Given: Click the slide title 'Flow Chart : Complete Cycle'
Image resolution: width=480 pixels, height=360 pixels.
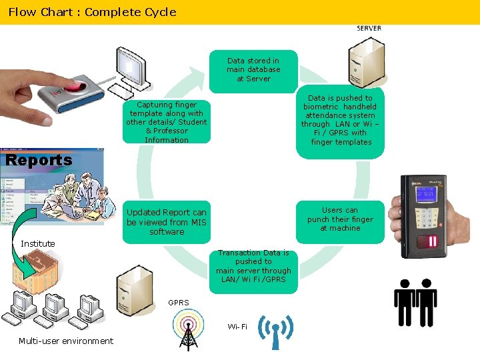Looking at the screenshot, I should pyautogui.click(x=92, y=12).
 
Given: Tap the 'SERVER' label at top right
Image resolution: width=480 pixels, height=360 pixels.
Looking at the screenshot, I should pyautogui.click(x=369, y=29).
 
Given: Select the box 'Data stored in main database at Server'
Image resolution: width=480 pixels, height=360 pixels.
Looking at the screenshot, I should pyautogui.click(x=253, y=70).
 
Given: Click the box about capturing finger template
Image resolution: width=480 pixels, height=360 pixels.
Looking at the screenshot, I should pyautogui.click(x=167, y=122).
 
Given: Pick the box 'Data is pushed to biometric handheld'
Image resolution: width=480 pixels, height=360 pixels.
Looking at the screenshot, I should pyautogui.click(x=340, y=120).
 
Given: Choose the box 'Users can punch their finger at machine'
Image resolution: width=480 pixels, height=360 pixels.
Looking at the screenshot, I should pyautogui.click(x=340, y=219).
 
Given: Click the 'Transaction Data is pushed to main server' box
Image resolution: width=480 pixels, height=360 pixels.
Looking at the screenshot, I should pyautogui.click(x=253, y=267).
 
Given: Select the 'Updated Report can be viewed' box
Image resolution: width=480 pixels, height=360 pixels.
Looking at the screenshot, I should pyautogui.click(x=167, y=222).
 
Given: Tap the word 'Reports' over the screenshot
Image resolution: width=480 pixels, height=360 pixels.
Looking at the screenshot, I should pyautogui.click(x=39, y=160).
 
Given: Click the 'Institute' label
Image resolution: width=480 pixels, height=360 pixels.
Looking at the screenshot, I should pyautogui.click(x=38, y=243).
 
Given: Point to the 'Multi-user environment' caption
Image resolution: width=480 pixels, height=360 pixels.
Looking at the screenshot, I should pyautogui.click(x=66, y=341).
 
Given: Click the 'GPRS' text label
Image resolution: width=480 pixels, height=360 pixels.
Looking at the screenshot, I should pyautogui.click(x=179, y=303).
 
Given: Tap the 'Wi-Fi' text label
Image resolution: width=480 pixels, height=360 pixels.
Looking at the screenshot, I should pyautogui.click(x=237, y=327).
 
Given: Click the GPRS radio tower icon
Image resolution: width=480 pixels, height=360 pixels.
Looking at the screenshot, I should pyautogui.click(x=188, y=330).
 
